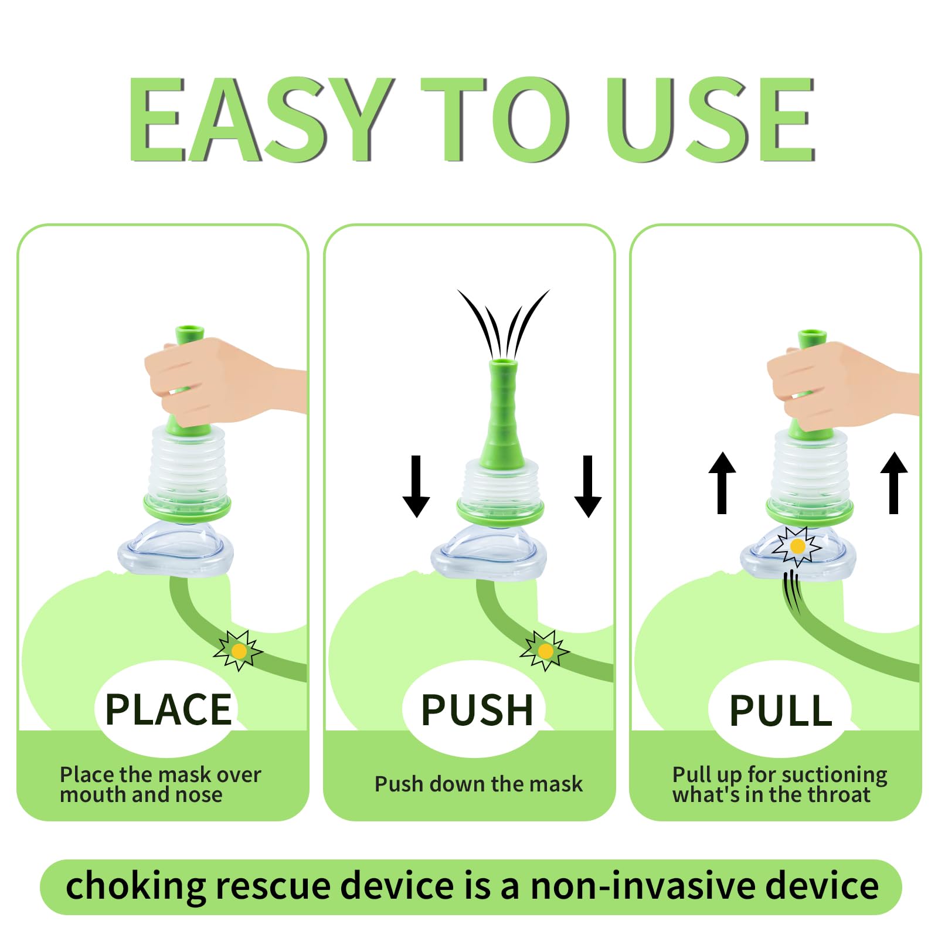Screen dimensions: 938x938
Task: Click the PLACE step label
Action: tap(168, 709)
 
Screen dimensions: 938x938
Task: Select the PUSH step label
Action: tap(477, 709)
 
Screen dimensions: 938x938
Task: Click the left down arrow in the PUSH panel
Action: tap(416, 486)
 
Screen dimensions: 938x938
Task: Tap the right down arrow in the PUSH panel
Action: tap(588, 486)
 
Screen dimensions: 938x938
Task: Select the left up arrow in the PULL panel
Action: tap(722, 483)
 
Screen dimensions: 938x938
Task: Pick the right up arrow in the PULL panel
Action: tap(894, 483)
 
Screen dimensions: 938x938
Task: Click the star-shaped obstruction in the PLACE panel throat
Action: tap(238, 650)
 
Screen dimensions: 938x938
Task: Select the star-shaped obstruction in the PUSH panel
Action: tap(545, 650)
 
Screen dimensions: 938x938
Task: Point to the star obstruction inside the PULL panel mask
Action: tap(797, 546)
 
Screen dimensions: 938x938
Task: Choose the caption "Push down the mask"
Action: tap(478, 784)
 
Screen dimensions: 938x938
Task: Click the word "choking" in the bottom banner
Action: tap(135, 886)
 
